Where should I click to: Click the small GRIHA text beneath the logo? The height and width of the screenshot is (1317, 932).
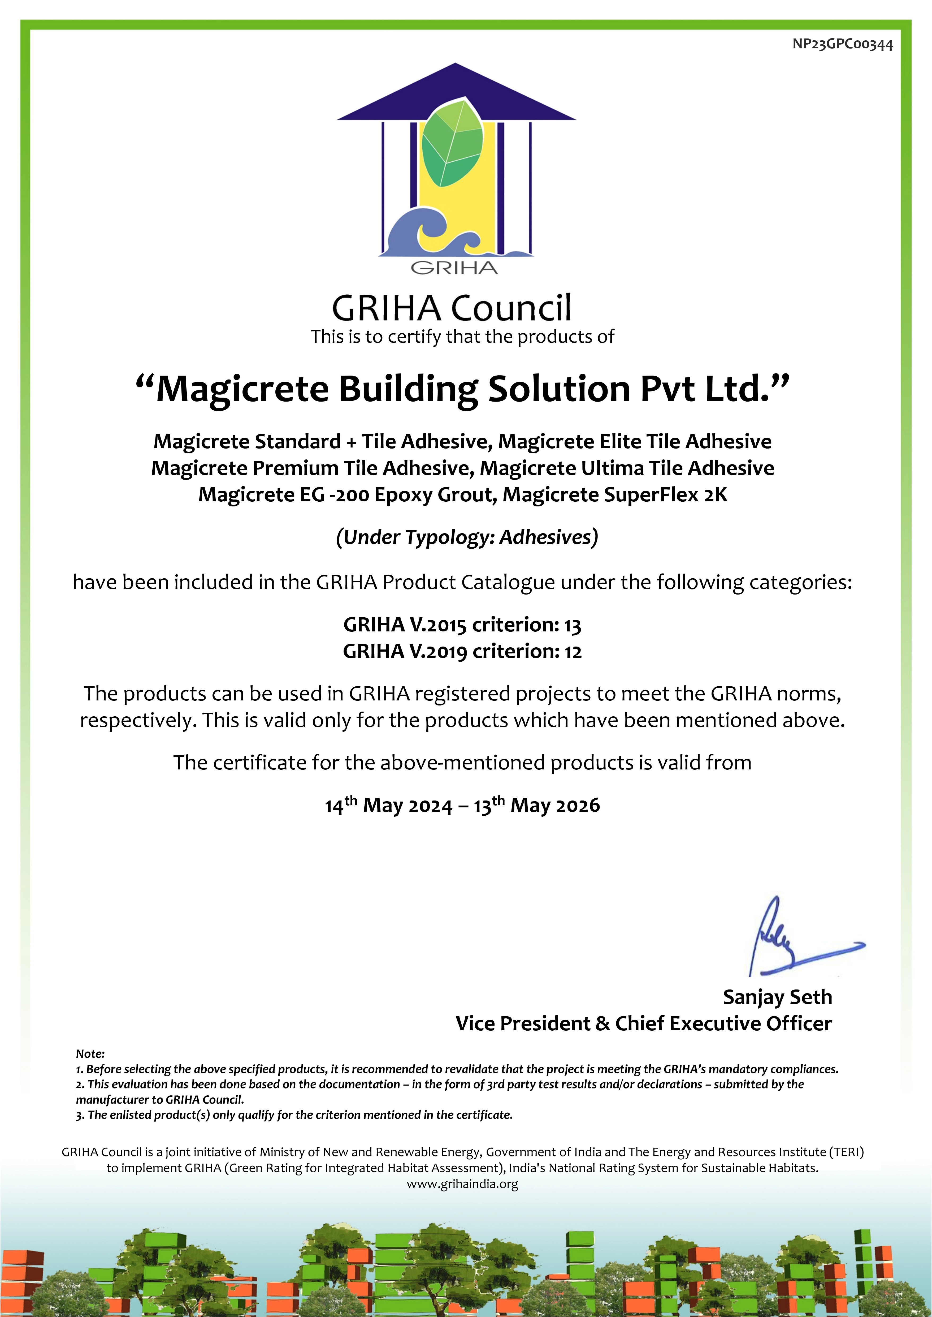pos(454,268)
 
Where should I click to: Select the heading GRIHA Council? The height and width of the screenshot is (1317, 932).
pos(452,308)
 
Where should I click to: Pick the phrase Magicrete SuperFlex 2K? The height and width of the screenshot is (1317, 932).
pos(615,495)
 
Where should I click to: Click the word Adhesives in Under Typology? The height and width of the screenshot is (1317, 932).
pos(545,537)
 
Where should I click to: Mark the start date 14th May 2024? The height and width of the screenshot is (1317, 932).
pos(388,805)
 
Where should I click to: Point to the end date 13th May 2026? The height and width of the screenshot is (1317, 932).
pos(537,805)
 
